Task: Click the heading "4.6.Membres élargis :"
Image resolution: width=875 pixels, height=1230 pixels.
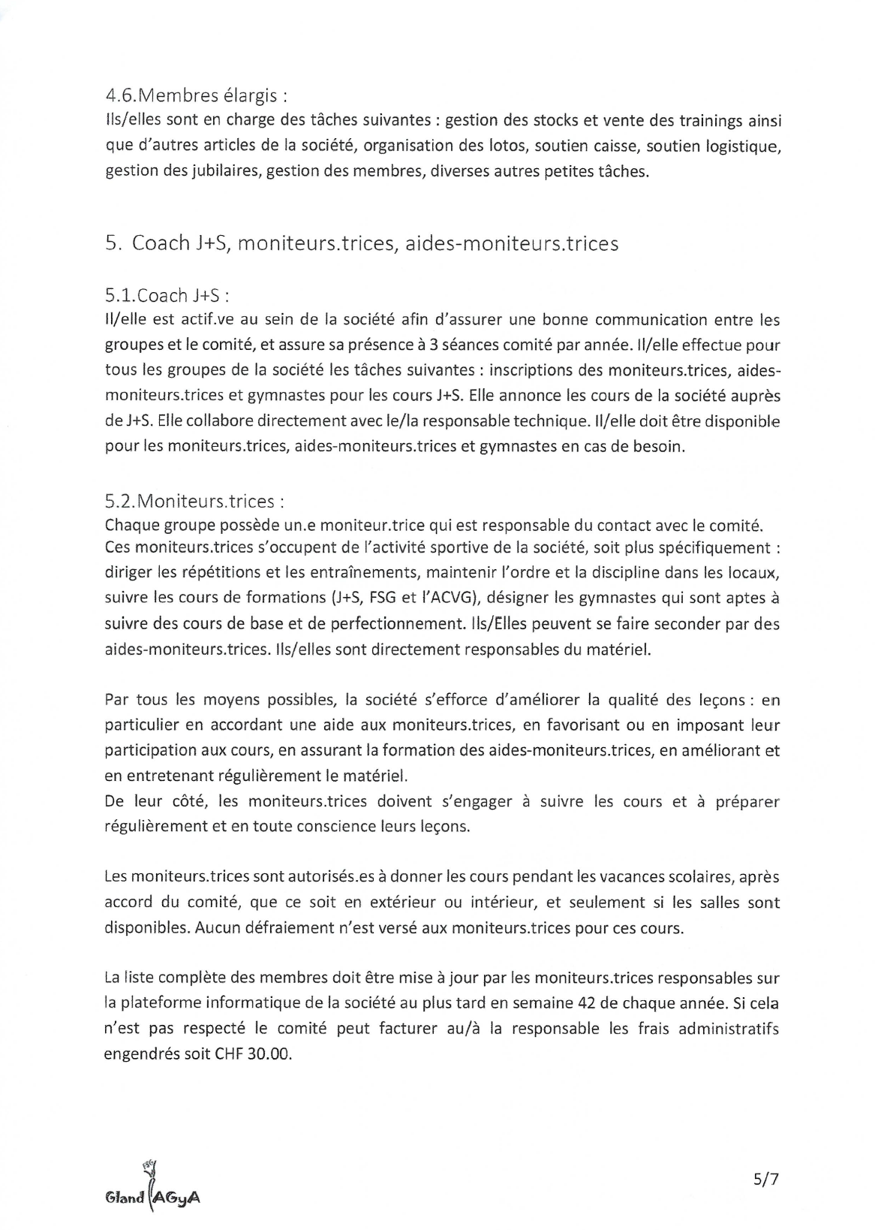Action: (197, 96)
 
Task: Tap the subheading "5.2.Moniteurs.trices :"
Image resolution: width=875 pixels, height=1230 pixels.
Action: (195, 500)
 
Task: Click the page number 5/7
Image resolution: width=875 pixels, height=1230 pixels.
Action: (766, 1180)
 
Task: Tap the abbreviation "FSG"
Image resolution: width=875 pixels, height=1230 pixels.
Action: (396, 598)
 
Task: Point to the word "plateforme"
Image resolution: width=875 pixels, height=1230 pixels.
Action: (163, 1003)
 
